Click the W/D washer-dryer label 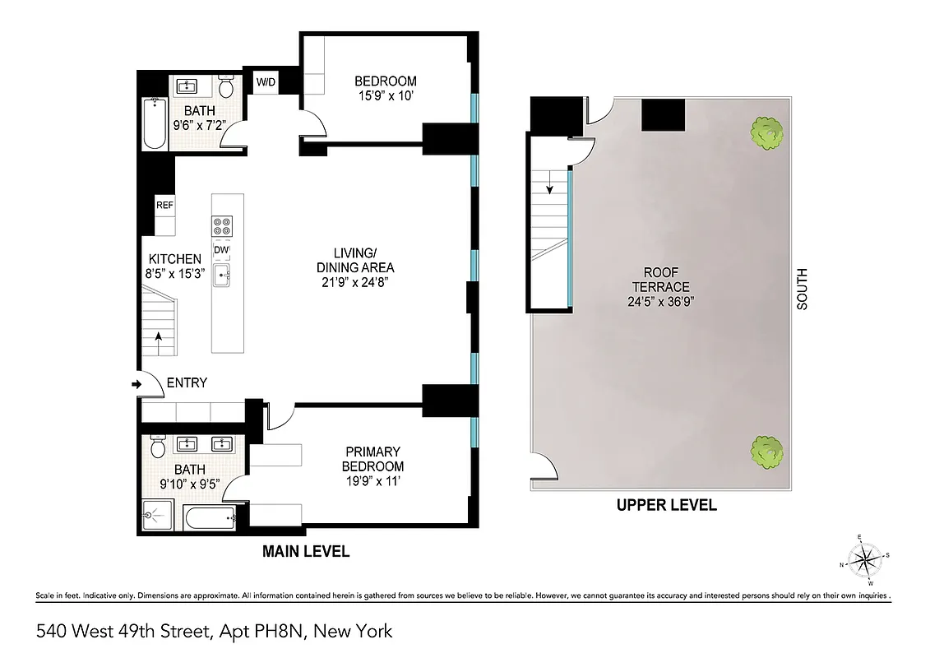266,82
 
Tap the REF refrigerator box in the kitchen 164,206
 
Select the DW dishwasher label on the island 222,250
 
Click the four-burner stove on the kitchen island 222,225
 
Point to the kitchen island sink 222,276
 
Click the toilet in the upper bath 228,86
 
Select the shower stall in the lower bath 156,516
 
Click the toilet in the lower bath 160,447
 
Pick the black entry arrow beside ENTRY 136,384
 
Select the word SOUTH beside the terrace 803,290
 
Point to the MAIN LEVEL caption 306,552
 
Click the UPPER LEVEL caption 666,505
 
